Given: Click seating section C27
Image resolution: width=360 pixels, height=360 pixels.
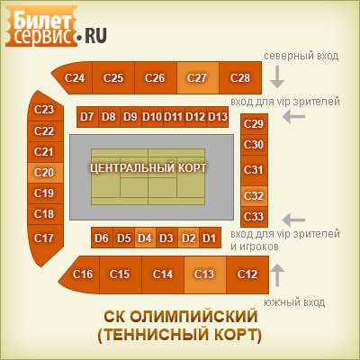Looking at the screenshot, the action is click(198, 77).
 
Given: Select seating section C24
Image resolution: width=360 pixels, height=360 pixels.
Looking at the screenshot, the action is click(74, 77).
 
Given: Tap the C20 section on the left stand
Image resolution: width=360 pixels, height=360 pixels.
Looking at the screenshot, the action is click(46, 173).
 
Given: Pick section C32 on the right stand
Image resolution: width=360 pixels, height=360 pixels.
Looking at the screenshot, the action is click(254, 196).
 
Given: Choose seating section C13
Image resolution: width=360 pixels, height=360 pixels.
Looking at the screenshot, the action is click(205, 274).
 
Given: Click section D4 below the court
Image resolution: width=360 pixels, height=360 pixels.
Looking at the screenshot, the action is click(145, 238).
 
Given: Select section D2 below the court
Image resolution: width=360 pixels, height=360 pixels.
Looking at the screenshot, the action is click(188, 238).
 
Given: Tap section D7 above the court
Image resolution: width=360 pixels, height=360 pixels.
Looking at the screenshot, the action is click(87, 117).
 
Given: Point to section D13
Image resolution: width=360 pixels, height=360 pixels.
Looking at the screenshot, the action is click(218, 117).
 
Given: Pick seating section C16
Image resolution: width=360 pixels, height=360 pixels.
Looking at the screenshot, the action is click(80, 274).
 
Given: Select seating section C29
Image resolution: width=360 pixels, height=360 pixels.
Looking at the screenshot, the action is click(254, 124).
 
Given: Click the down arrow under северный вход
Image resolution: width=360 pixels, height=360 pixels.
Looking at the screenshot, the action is click(277, 76).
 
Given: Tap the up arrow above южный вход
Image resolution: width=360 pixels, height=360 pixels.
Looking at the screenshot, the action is click(277, 275).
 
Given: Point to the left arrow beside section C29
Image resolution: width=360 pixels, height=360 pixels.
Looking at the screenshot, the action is click(294, 117).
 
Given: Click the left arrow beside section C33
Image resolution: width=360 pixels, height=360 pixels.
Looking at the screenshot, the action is click(294, 220).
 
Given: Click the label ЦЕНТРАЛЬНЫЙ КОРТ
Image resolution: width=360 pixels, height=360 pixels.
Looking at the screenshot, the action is click(148, 167).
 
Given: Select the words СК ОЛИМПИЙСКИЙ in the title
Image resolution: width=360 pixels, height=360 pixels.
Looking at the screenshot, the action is click(181, 317).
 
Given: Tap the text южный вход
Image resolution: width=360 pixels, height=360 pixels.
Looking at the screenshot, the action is click(294, 302).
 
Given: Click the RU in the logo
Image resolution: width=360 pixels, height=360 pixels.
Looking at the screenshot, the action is click(95, 35).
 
